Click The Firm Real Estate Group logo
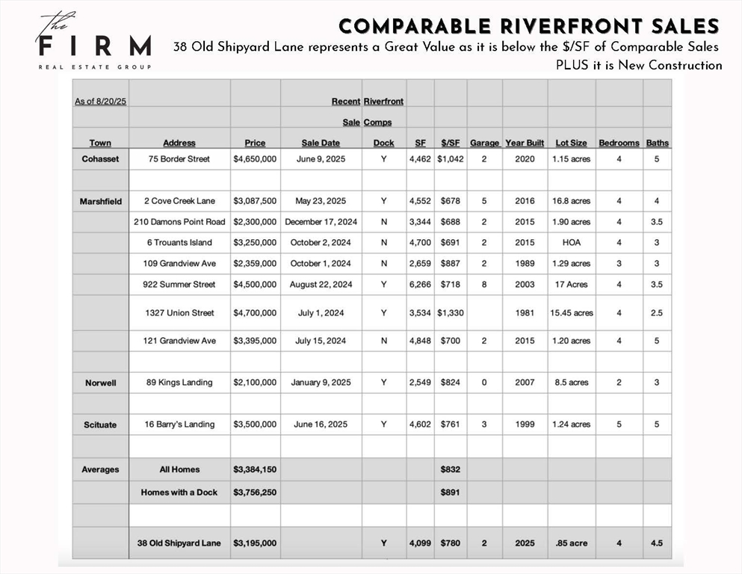coord(93,43)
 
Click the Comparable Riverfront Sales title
coord(528,26)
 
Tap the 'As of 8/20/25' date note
coord(100,101)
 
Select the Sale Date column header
coord(321,143)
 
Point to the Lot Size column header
coord(571,143)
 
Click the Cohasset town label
coord(100,159)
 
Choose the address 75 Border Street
coord(179,159)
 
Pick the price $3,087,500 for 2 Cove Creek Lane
coord(255,201)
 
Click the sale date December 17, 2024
coord(321,222)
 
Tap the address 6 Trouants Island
coord(179,243)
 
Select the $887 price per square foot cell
coord(450,264)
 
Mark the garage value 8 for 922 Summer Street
coord(484,285)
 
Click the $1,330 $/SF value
coord(450,313)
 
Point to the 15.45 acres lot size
coord(571,313)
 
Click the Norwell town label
coord(100,383)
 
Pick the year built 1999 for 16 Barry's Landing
coord(525,425)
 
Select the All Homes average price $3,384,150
coord(255,469)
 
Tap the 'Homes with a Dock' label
coord(179,493)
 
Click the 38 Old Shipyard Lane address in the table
coord(179,543)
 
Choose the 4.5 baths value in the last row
coord(656,543)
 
